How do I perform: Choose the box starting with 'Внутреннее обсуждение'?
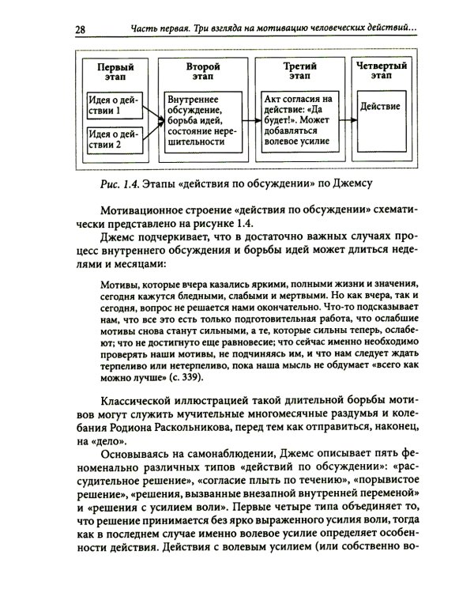201,119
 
